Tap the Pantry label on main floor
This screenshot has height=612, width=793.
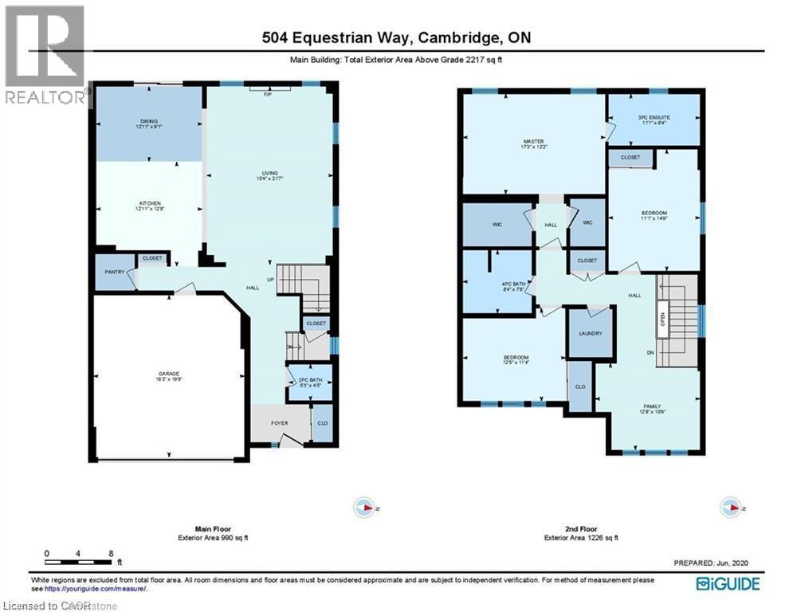pos(112,272)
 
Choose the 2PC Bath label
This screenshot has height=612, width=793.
pos(308,381)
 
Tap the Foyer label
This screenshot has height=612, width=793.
pos(279,422)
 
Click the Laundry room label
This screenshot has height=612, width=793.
pos(590,333)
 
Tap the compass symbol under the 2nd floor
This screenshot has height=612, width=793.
pos(731,507)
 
